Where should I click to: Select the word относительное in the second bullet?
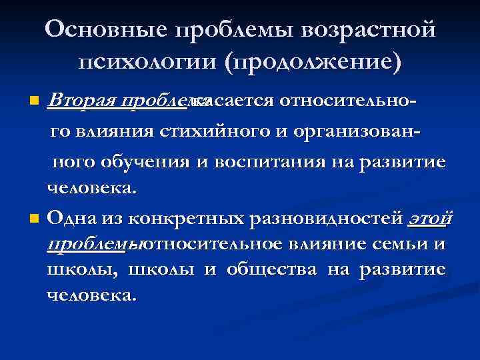click(212, 243)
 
